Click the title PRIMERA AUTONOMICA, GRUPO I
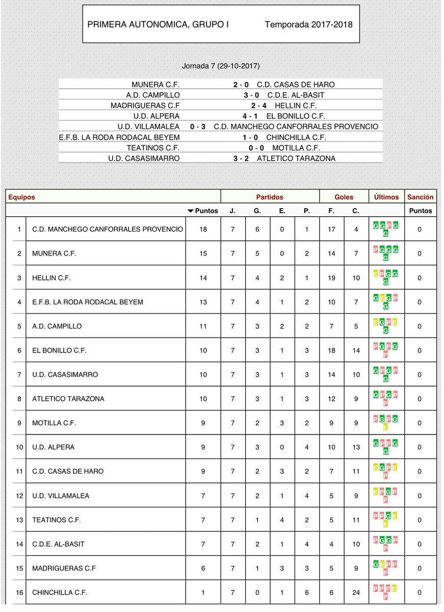(x=158, y=24)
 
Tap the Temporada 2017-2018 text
(x=308, y=24)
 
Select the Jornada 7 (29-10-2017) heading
(x=221, y=66)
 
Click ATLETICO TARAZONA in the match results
(x=296, y=159)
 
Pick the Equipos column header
(x=22, y=197)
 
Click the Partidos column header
(x=269, y=197)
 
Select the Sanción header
(x=420, y=197)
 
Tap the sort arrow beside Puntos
(x=191, y=211)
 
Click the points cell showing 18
(x=203, y=229)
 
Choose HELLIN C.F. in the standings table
(x=51, y=278)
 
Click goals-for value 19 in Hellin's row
(x=331, y=278)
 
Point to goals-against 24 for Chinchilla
(x=356, y=593)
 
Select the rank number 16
(x=19, y=593)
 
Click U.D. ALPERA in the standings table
(x=53, y=447)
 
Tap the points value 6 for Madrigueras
(x=203, y=568)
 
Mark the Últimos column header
(x=386, y=197)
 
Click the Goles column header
(x=344, y=197)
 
